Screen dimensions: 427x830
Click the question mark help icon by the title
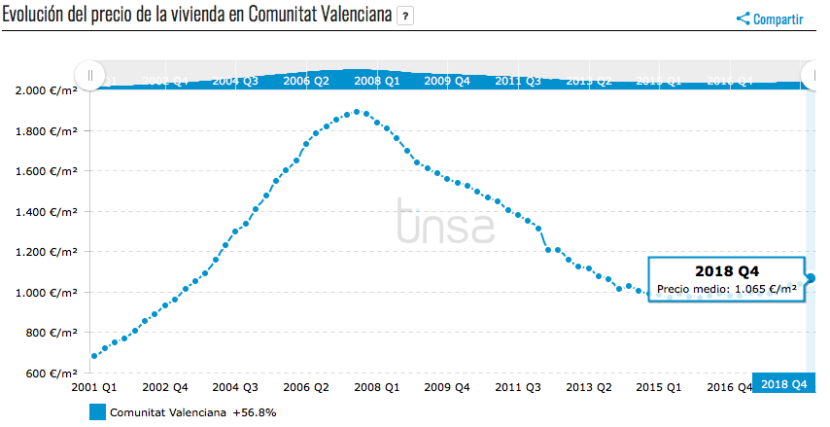[x=406, y=17]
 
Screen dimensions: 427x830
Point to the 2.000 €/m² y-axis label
[x=47, y=90]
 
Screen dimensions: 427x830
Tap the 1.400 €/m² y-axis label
[x=47, y=211]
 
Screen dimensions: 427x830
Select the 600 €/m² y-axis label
[x=50, y=374]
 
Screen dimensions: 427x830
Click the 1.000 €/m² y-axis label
[x=47, y=293]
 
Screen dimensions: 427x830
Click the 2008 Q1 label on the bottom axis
[x=378, y=387]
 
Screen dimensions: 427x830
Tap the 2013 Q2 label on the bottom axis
[x=590, y=387]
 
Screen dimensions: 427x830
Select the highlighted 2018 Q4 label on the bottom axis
[x=783, y=384]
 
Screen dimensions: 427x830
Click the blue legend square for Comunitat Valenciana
[x=97, y=412]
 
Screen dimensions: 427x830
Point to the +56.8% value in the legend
[x=255, y=412]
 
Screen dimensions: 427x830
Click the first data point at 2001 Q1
[x=94, y=356]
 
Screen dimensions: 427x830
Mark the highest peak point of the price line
[x=358, y=112]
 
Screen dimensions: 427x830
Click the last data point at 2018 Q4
[x=811, y=278]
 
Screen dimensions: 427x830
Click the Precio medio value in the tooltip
[x=727, y=289]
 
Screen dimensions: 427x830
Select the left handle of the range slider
[x=89, y=75]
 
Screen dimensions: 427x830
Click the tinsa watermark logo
[x=445, y=221]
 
